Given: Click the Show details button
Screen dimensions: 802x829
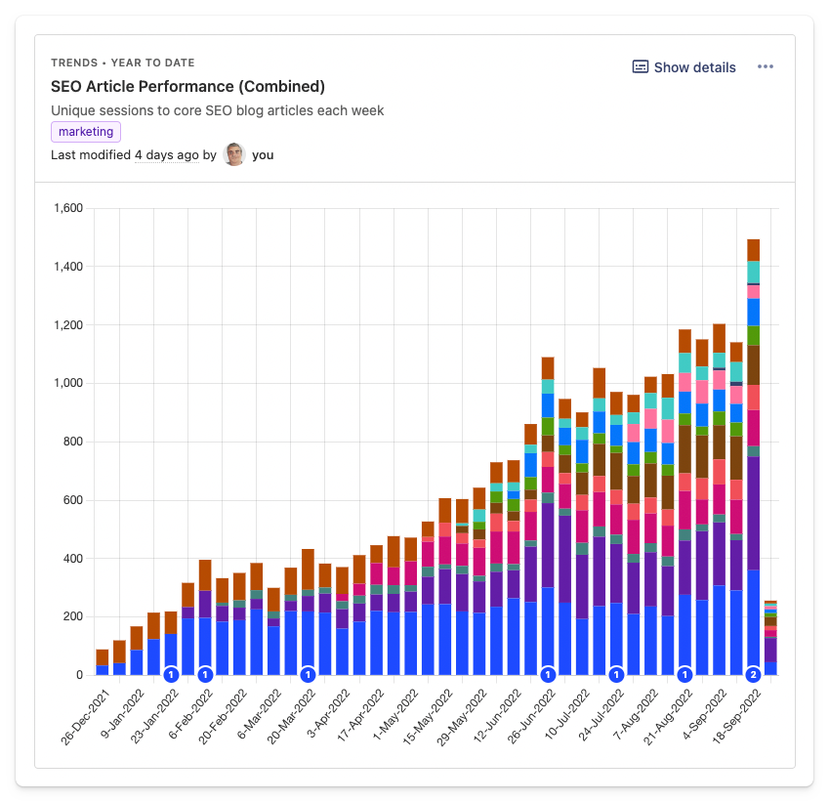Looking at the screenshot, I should (x=684, y=67).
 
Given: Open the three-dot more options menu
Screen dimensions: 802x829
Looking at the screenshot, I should (x=766, y=67).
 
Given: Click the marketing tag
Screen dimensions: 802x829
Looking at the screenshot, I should (x=86, y=132).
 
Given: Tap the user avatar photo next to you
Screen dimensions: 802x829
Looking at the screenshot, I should (x=234, y=154).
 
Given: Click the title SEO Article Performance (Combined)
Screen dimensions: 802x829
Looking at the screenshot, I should (x=187, y=87).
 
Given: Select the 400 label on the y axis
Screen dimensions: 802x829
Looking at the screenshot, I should (x=72, y=559).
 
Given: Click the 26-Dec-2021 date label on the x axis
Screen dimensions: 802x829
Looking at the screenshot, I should (x=86, y=718).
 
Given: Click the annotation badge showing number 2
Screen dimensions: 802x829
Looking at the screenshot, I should (x=753, y=674).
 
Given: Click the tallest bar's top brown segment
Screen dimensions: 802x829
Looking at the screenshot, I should (x=753, y=249).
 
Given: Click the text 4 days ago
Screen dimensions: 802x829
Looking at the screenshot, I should (x=167, y=155).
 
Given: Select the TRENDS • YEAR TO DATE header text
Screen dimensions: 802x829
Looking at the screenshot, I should (x=123, y=63).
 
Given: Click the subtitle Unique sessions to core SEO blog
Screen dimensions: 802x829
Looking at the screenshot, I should (x=217, y=110).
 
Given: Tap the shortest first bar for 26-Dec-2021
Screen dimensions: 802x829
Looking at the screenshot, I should (x=103, y=661).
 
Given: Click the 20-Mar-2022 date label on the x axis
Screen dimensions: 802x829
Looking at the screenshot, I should (x=293, y=718).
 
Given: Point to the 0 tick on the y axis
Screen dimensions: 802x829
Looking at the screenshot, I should (x=79, y=675).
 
